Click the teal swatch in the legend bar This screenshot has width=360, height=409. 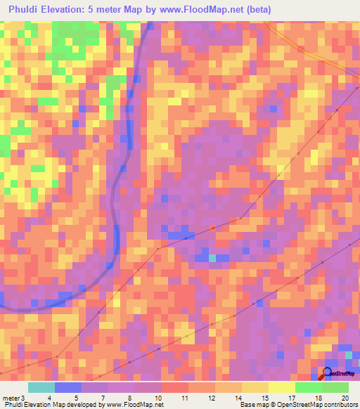(41, 387)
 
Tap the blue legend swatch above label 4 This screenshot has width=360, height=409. (68, 387)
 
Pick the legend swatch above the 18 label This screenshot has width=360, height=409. (309, 387)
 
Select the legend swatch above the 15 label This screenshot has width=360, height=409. (255, 387)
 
